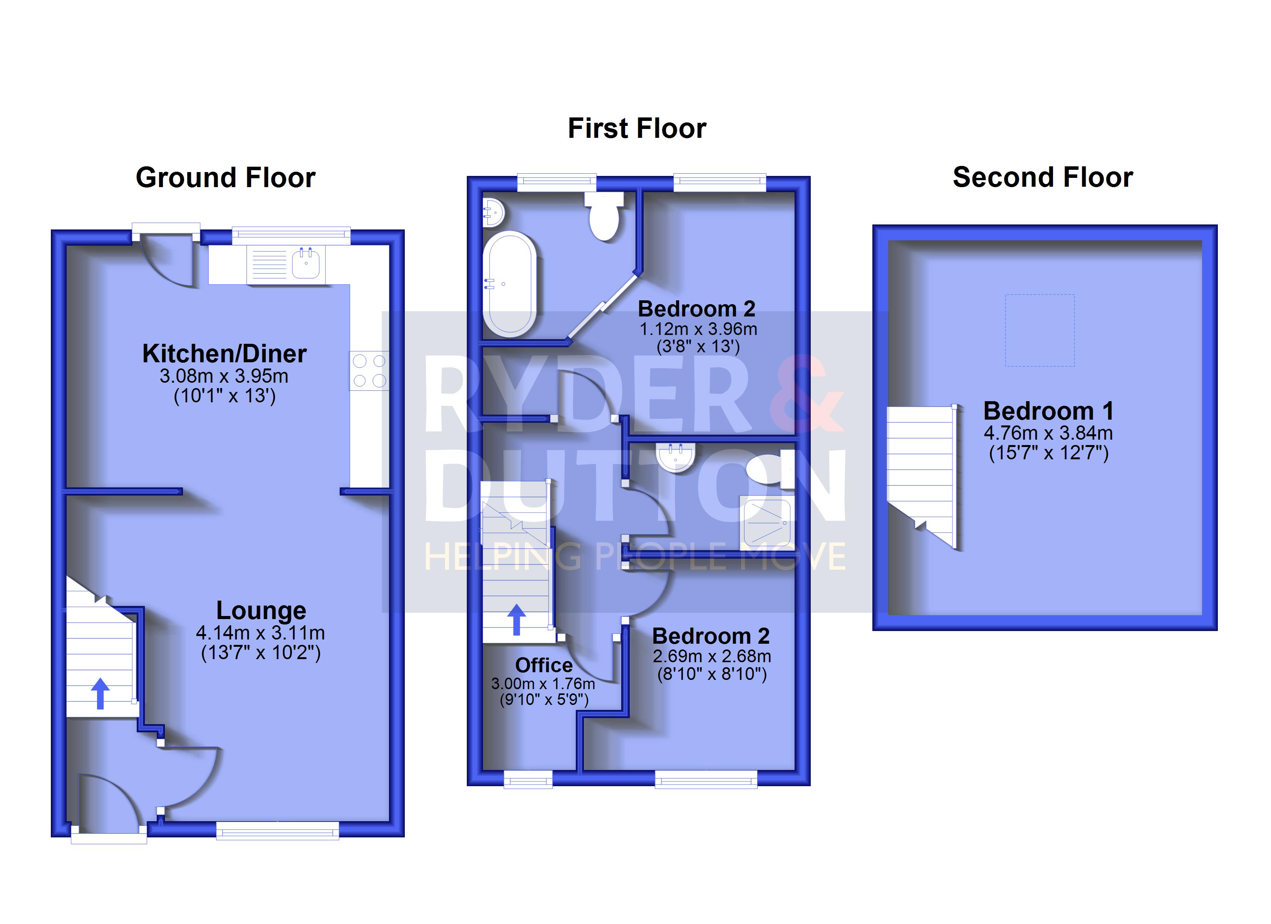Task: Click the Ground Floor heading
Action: click(x=225, y=177)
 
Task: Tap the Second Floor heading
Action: click(x=1043, y=177)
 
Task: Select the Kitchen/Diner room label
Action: click(x=224, y=353)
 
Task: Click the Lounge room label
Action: click(x=261, y=610)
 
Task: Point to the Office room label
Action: click(x=543, y=665)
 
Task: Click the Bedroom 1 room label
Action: click(x=1048, y=411)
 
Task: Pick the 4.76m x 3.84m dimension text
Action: click(x=1048, y=433)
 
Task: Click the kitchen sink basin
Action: click(x=306, y=263)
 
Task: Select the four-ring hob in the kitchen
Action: click(x=369, y=370)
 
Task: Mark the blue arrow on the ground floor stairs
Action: click(x=100, y=693)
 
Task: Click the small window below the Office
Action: click(x=528, y=779)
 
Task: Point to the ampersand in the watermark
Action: click(x=806, y=394)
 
